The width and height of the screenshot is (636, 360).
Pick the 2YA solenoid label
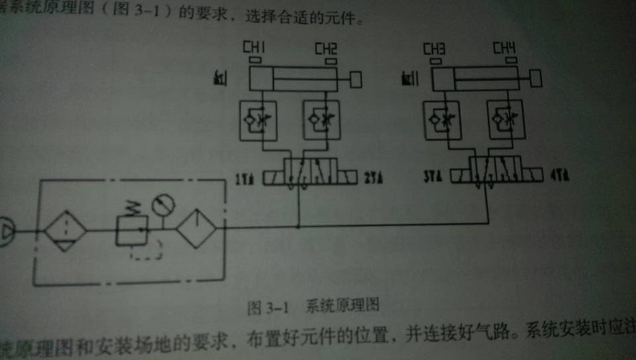(x=374, y=178)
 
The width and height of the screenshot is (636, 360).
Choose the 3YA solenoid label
(x=432, y=178)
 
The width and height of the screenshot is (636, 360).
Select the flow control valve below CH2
(x=321, y=120)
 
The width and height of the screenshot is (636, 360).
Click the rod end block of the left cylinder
(x=356, y=80)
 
